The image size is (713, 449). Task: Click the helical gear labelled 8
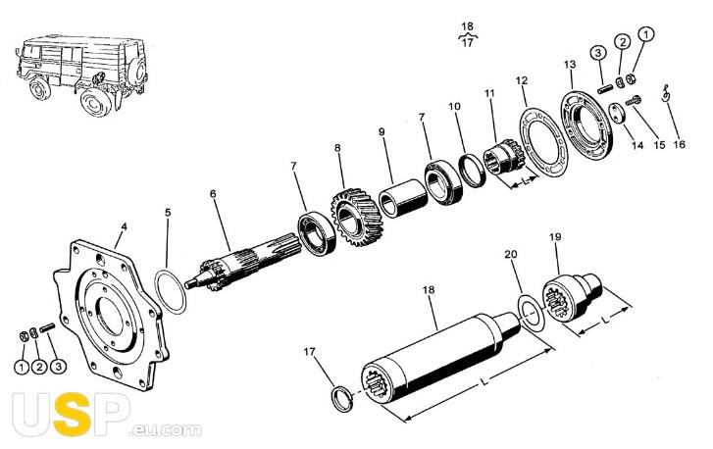[x=355, y=218]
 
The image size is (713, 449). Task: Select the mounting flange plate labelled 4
[x=112, y=315]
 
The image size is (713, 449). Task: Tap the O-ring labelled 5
[x=171, y=291]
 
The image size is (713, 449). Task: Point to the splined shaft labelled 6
[x=243, y=263]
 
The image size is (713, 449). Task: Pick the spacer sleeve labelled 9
[x=402, y=198]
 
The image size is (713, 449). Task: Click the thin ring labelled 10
[x=473, y=171]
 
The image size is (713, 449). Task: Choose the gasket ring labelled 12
[x=543, y=141]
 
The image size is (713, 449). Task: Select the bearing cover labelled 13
[x=586, y=125]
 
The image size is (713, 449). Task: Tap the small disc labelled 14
[x=618, y=113]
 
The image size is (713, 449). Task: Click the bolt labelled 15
[x=634, y=100]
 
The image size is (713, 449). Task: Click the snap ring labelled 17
[x=342, y=399]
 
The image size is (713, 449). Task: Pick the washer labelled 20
[x=532, y=313]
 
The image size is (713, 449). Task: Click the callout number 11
[x=489, y=93]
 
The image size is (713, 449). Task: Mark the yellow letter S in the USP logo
[x=72, y=415]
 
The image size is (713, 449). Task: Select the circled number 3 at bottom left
[x=58, y=367]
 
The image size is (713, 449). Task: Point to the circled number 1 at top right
[x=646, y=34]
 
